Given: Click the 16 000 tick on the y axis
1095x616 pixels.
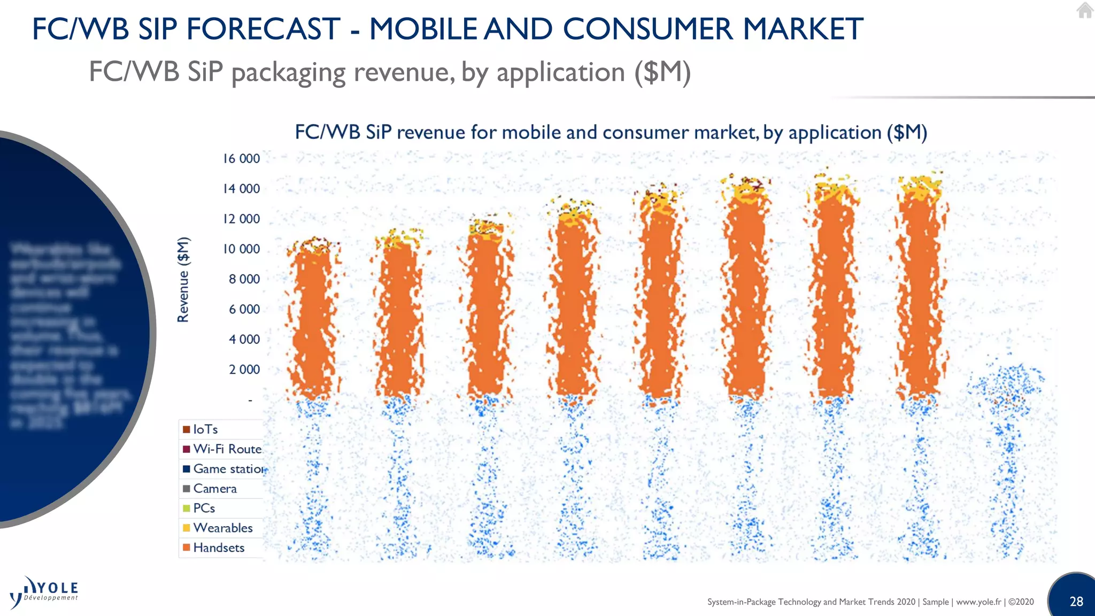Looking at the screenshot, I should (x=241, y=159).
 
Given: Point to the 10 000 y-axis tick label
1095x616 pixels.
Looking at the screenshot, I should (x=241, y=249).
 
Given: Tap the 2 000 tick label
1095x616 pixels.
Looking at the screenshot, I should (x=244, y=369).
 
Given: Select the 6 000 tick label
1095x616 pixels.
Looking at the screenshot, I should (x=244, y=310).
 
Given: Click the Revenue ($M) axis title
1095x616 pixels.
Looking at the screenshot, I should (x=183, y=280).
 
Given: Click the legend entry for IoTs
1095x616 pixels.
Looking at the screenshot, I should (x=205, y=429).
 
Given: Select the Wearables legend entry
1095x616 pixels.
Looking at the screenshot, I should (x=222, y=528).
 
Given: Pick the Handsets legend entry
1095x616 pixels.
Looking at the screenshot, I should (x=219, y=548).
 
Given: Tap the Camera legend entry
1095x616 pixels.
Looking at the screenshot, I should (x=215, y=489).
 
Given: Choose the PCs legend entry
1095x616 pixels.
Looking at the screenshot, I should (x=204, y=508).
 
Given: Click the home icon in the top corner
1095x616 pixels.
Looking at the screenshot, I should (x=1085, y=10).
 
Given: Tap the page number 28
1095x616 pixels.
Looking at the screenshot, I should (x=1076, y=602).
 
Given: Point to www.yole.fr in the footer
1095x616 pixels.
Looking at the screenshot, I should (x=978, y=602).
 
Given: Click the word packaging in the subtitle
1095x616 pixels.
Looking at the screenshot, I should (x=289, y=73).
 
